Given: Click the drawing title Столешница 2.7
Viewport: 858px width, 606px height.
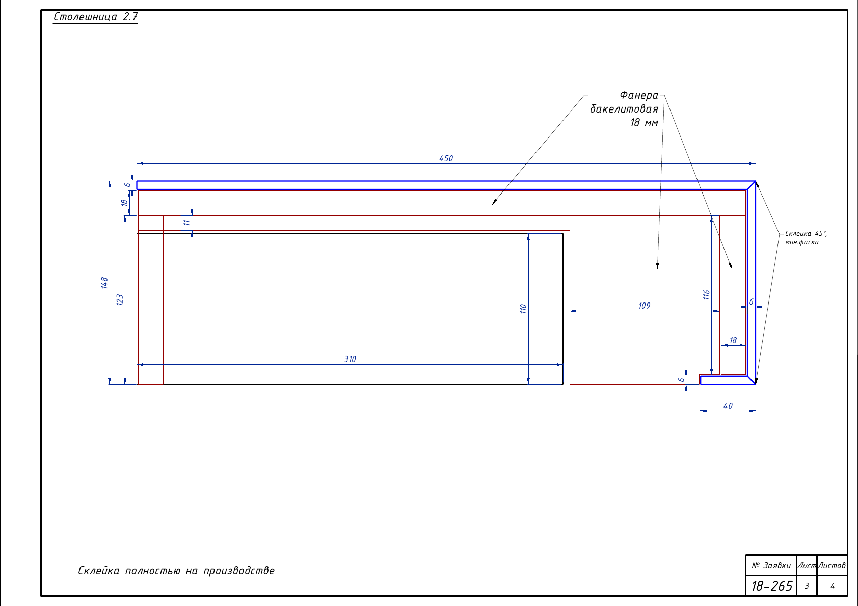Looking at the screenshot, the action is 95,17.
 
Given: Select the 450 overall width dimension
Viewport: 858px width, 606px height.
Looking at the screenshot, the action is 446,158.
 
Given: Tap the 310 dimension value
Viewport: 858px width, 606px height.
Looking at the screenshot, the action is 350,359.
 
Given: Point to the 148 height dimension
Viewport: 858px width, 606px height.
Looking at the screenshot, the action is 104,283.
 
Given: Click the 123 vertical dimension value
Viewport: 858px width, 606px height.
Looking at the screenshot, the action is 120,300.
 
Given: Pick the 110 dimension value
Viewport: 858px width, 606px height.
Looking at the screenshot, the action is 523,309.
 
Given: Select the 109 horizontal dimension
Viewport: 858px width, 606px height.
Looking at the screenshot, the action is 645,306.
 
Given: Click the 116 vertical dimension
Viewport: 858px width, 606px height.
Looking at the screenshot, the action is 706,295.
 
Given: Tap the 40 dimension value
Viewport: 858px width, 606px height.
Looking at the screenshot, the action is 728,406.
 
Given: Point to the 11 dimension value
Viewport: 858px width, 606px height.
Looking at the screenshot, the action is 186,223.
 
